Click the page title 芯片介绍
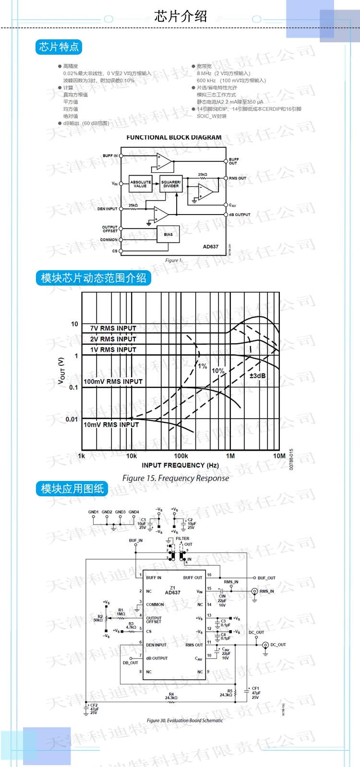tap(180, 17)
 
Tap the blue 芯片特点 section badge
tap(59, 47)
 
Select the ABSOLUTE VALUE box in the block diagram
tap(141, 184)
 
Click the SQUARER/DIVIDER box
tap(171, 184)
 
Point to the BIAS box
tap(168, 234)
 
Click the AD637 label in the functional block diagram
tap(210, 247)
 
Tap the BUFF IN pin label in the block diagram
tap(110, 156)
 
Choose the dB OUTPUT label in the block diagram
tap(240, 215)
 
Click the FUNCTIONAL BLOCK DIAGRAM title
tap(174, 137)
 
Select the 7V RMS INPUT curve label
tap(113, 328)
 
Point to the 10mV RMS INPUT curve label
tap(111, 425)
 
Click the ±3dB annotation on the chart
tap(257, 375)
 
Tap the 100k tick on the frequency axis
tap(181, 456)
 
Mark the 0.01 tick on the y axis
tap(72, 419)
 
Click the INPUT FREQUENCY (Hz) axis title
tap(180, 465)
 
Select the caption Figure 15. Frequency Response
tap(176, 478)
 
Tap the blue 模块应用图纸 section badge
tap(72, 489)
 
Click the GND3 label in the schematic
tap(120, 512)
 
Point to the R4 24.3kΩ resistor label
tap(171, 696)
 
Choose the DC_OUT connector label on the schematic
tap(278, 645)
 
